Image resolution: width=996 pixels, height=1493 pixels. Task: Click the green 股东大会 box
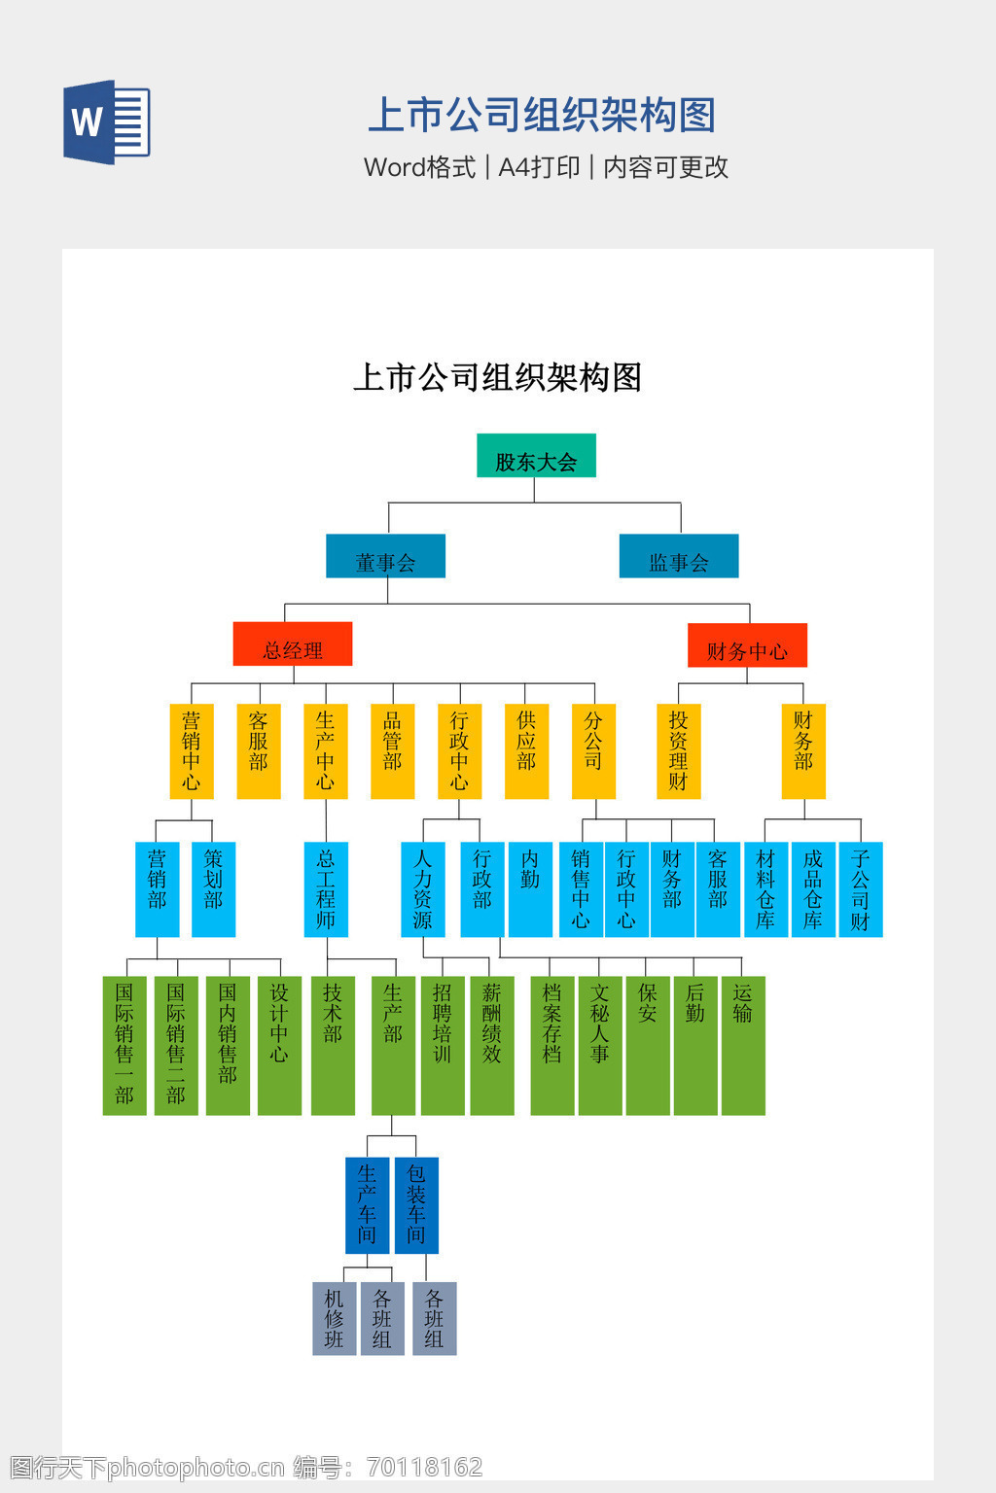(536, 455)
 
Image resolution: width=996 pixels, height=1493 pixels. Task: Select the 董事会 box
(385, 556)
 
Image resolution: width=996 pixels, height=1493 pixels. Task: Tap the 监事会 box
(679, 556)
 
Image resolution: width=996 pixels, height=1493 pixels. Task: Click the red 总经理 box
(293, 643)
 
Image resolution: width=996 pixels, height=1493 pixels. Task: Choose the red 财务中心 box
(748, 645)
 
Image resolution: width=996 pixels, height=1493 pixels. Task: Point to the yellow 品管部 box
(393, 751)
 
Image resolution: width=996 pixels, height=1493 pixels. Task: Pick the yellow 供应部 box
(527, 751)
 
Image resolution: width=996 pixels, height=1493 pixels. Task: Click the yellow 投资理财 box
(679, 751)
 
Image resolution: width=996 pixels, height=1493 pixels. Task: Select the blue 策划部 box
(213, 889)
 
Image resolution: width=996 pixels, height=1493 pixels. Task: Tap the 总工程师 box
(326, 889)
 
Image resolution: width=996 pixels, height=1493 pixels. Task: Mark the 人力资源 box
(423, 889)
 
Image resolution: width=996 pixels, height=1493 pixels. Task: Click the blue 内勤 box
(530, 889)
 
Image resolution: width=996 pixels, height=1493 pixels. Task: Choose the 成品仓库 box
(813, 889)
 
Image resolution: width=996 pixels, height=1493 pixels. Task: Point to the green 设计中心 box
(279, 1046)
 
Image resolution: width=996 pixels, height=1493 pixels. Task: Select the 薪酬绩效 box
(492, 1046)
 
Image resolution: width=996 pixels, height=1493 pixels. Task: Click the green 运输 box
(743, 1046)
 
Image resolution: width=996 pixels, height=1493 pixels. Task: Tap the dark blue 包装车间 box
(417, 1205)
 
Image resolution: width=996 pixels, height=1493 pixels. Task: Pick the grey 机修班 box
(335, 1318)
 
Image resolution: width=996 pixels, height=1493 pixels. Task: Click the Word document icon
(107, 122)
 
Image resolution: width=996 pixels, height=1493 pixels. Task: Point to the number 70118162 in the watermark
(424, 1467)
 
